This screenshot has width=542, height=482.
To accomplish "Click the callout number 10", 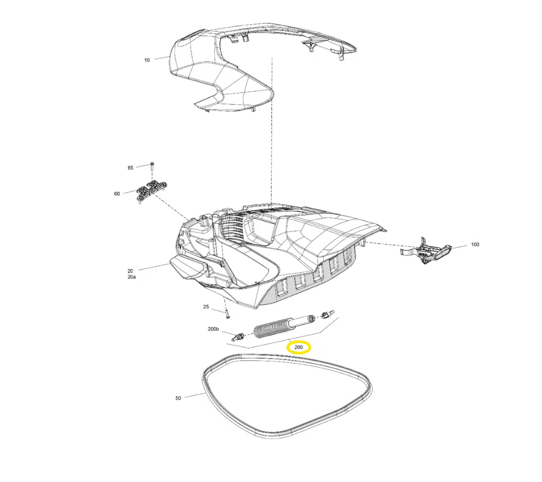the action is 147,60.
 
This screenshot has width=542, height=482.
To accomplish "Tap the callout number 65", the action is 131,168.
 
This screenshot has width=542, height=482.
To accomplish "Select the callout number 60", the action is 117,194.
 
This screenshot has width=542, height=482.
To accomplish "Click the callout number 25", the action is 206,307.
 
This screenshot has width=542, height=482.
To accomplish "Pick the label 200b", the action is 213,329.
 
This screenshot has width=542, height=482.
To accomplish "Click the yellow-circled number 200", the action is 299,347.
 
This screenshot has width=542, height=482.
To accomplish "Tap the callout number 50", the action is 178,398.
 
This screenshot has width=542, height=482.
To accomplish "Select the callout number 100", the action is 475,245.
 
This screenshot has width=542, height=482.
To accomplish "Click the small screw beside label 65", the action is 152,166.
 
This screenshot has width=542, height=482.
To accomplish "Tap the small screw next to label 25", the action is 227,314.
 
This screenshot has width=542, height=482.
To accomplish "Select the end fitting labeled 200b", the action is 238,336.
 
